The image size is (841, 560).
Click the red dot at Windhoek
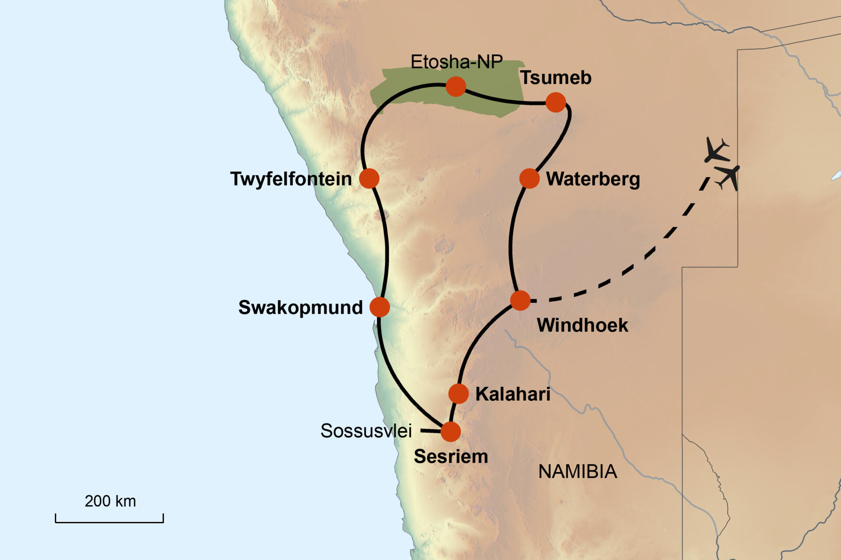pos(520,301)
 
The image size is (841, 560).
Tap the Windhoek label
pos(582,325)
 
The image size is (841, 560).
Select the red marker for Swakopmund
pos(379,307)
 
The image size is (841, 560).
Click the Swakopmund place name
pos(300,308)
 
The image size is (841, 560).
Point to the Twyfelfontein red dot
pos(369,178)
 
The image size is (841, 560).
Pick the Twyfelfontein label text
pos(291,179)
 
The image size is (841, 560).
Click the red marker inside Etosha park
pos(456,87)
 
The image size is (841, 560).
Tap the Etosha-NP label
pos(456,62)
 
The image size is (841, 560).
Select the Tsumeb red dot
pos(556,102)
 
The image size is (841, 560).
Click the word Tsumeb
pos(556,78)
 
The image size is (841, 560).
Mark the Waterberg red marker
pos(529,178)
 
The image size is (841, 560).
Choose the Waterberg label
pos(593,179)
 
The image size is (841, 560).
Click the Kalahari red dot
pos(459,394)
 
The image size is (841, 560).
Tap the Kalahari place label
pos(513,394)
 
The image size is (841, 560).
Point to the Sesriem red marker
pos(450,431)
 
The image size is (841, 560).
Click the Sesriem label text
pos(451,457)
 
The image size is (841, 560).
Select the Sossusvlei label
pos(366,431)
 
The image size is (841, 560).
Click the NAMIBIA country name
pos(577,472)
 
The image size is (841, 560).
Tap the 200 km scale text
pos(110,501)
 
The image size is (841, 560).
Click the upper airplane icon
pos(717,150)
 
